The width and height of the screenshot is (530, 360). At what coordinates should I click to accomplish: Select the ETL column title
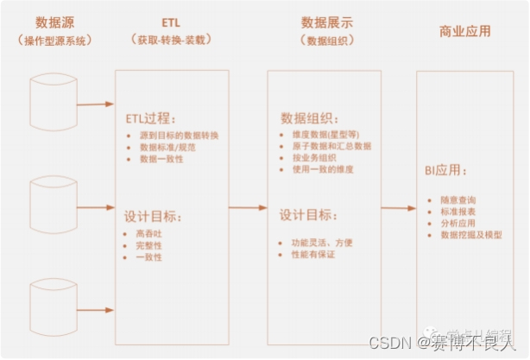(172, 21)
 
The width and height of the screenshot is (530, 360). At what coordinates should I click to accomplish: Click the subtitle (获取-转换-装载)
(172, 40)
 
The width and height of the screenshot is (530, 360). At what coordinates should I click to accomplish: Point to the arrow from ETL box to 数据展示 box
(248, 208)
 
